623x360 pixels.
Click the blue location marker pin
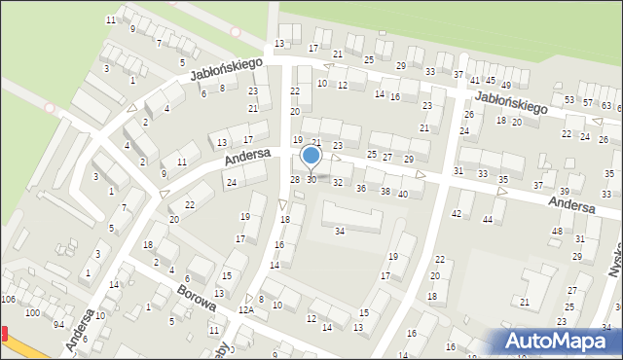coord(311,156)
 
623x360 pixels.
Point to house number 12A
coord(246,309)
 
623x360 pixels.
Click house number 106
coord(9,299)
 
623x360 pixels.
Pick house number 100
coord(32,313)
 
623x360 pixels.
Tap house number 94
coord(58,324)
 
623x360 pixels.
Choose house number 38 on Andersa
coord(385,191)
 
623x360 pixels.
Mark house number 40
coord(403,195)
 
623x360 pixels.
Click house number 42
coord(457,213)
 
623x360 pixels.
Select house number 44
coord(488,220)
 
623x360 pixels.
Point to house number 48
coord(557,231)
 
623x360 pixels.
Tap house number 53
coord(569,100)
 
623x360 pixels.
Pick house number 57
coord(587,102)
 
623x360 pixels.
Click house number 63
coord(605,106)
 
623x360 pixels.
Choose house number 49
coord(492,82)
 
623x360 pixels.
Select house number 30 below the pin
coord(311,180)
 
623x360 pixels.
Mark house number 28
coord(295,179)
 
